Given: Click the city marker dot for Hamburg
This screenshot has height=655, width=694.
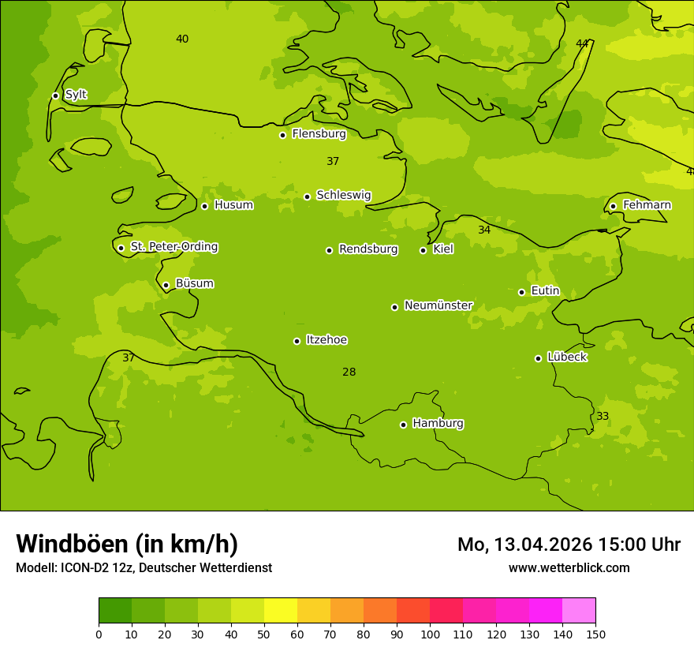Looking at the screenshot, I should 403,425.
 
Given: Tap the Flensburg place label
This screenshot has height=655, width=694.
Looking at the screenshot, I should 319,134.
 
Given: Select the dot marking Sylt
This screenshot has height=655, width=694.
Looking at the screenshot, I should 55,95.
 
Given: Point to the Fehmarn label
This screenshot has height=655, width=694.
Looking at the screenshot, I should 647,205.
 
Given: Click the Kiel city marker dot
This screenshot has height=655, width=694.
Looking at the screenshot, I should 423,250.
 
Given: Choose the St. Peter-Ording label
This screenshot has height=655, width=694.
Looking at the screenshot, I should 173,247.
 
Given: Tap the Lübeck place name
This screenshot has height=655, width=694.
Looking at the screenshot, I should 566,357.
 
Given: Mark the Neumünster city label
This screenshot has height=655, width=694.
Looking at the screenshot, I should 438,305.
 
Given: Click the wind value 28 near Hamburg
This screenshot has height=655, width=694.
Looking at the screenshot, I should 349,372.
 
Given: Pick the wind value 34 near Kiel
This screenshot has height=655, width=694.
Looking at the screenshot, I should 484,230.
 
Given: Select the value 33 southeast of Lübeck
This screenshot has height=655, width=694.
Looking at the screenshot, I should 603,416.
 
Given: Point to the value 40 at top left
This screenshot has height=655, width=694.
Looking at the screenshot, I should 182,39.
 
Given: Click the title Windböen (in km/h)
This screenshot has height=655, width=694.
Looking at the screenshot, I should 127,544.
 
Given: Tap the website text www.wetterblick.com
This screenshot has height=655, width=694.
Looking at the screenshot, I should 569,567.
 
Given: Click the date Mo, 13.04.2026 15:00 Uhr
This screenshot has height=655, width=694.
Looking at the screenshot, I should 569,545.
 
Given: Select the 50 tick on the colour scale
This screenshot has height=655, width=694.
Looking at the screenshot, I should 264,634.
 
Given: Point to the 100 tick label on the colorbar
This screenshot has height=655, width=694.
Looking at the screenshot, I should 430,634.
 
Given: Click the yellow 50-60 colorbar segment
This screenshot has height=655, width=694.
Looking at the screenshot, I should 281,611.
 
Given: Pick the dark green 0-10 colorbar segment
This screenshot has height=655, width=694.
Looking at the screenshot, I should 115,611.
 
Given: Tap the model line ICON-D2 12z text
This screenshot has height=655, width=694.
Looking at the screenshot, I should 144,567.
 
